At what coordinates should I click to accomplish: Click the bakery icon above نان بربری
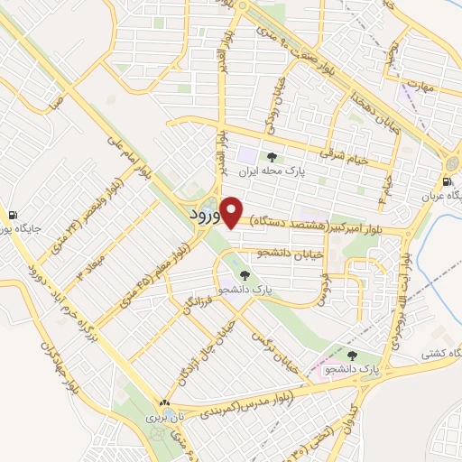[x=164, y=402]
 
